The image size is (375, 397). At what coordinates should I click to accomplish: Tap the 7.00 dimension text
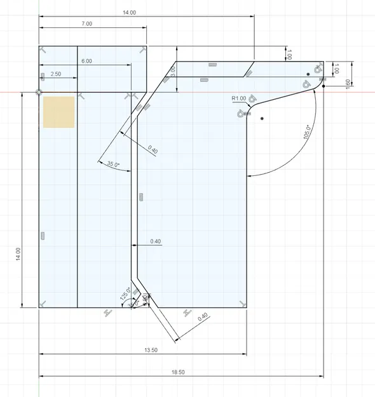point(86,24)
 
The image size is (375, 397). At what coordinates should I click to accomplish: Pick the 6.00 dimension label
point(86,61)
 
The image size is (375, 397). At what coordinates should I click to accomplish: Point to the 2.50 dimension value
point(55,74)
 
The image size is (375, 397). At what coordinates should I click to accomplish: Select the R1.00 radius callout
point(239,98)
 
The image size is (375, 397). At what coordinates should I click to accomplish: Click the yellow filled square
point(59,112)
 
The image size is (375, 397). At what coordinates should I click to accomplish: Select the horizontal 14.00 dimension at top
point(129,12)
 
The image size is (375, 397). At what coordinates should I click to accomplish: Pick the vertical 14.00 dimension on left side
point(18,253)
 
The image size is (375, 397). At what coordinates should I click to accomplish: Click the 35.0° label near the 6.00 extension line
point(113,165)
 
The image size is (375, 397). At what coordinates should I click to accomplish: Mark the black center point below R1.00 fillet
point(262,119)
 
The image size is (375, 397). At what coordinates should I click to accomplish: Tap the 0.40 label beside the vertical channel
point(156,241)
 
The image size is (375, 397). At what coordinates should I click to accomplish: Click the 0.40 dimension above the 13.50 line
point(203,317)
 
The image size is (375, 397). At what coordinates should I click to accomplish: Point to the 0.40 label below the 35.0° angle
point(153,149)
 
